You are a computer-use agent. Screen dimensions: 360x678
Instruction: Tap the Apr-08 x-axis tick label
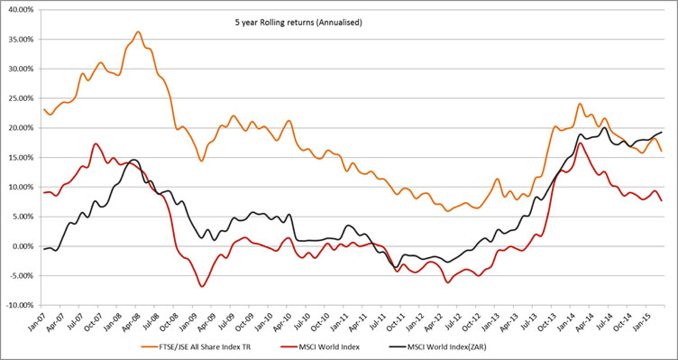click(136, 320)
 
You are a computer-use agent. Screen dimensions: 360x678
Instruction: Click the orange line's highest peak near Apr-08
click(138, 32)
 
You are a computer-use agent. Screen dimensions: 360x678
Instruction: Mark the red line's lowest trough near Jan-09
click(203, 287)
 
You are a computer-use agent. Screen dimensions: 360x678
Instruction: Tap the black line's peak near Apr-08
click(133, 160)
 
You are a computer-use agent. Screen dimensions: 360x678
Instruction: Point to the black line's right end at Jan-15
click(663, 133)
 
